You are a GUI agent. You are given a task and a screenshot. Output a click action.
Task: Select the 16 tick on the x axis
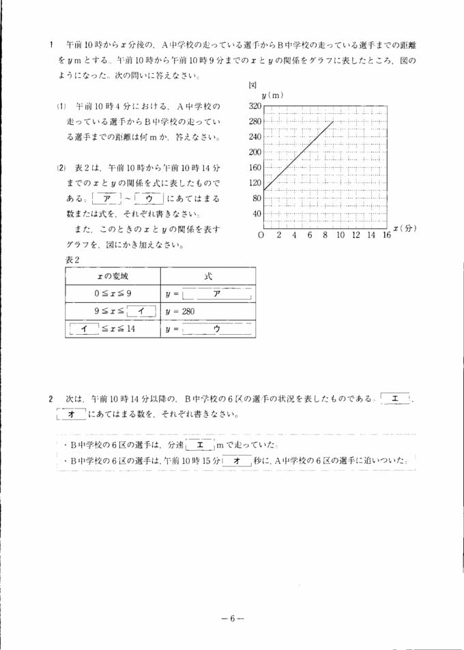[x=386, y=235]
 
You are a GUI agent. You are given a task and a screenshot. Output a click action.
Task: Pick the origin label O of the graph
[x=261, y=235]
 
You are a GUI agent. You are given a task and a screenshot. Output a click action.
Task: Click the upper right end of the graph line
[x=333, y=121]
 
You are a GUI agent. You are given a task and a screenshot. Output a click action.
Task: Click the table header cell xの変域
[x=113, y=276]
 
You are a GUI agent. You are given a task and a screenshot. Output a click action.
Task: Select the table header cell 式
[x=208, y=276]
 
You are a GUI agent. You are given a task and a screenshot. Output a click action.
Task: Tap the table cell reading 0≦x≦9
[x=113, y=293]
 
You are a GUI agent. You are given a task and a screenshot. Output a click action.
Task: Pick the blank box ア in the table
[x=217, y=294]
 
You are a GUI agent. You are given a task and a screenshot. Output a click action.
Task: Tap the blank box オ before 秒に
[x=237, y=462]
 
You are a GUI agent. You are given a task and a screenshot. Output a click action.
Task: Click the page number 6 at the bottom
[x=232, y=619]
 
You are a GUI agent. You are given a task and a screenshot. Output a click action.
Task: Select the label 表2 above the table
[x=74, y=259]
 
